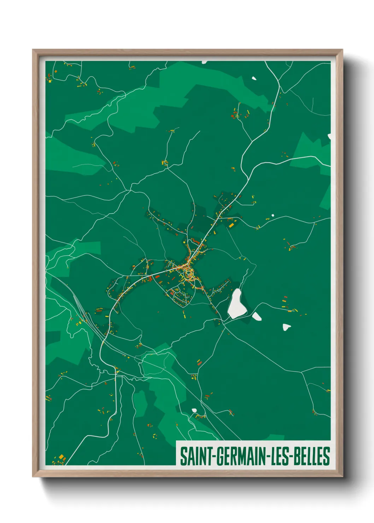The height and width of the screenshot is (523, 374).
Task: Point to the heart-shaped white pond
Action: click(x=286, y=327)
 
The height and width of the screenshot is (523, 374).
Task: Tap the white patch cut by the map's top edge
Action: click(x=204, y=62)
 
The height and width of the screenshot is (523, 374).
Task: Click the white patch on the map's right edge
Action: click(x=329, y=136)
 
